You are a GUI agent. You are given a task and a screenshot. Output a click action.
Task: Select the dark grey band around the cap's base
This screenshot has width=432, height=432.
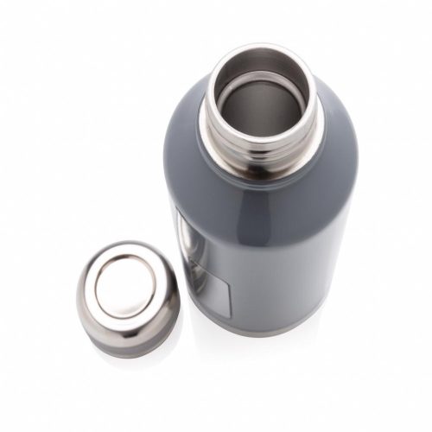(130, 343)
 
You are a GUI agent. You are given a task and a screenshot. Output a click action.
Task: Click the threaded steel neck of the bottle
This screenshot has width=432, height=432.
(259, 147)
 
